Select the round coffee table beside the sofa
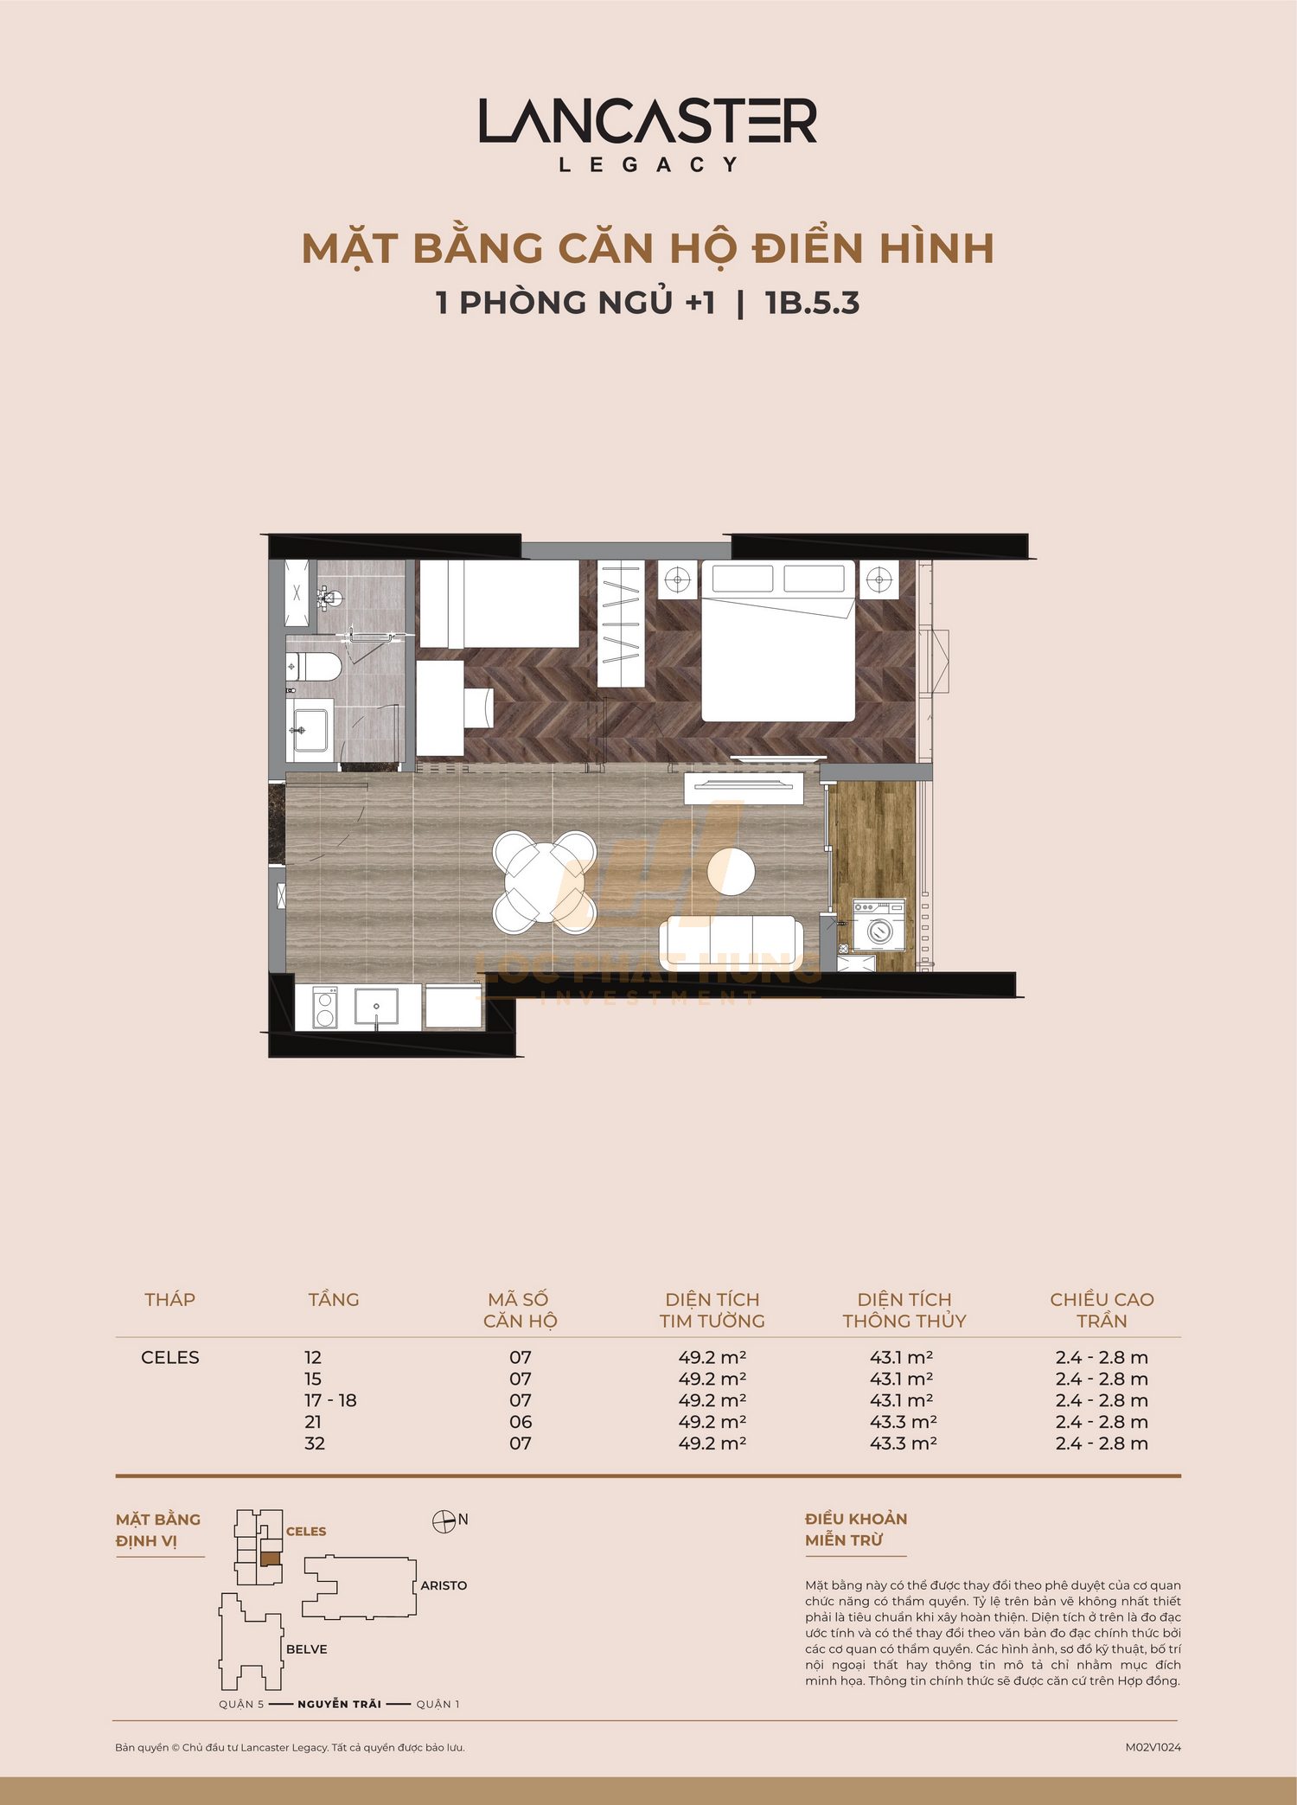(731, 870)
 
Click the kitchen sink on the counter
(376, 1006)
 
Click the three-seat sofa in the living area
(731, 943)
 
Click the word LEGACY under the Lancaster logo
(648, 164)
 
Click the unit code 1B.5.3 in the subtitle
(812, 303)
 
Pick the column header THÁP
(170, 1299)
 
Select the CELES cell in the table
(170, 1357)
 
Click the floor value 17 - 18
(330, 1400)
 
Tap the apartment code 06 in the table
(521, 1422)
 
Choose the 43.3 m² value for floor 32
(904, 1443)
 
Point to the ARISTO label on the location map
(444, 1585)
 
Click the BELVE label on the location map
(307, 1649)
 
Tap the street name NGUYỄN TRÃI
(339, 1704)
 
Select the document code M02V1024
(1153, 1747)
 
